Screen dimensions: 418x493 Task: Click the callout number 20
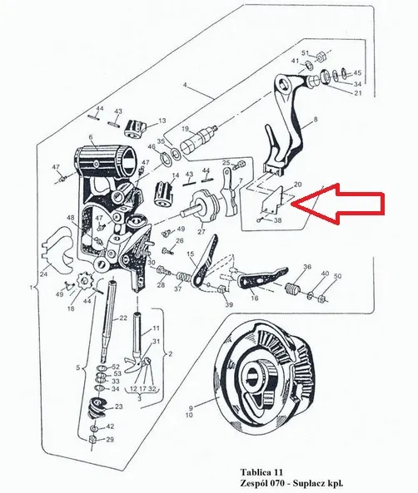click(x=297, y=185)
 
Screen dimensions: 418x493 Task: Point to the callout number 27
click(x=201, y=232)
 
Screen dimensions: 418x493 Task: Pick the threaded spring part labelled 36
click(x=293, y=289)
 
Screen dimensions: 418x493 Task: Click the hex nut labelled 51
click(x=320, y=57)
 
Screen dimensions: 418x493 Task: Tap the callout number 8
click(x=316, y=119)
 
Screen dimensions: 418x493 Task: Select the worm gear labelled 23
click(x=97, y=407)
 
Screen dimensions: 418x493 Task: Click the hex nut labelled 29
click(x=93, y=440)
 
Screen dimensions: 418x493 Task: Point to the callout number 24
click(x=44, y=274)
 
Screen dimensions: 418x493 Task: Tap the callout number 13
click(x=162, y=121)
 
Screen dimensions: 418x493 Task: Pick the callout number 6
click(x=91, y=137)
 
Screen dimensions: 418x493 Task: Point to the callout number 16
click(x=254, y=298)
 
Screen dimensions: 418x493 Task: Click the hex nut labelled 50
click(x=323, y=298)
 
